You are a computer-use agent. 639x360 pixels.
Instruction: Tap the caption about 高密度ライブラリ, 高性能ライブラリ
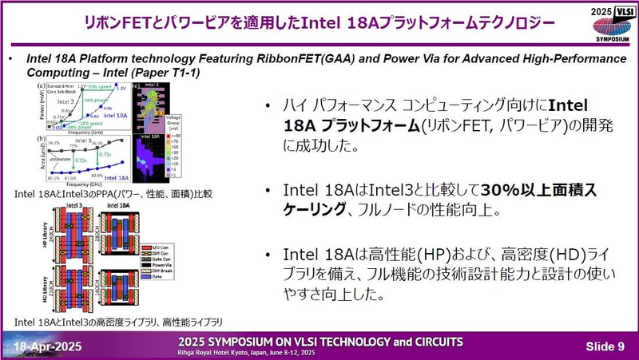(119, 322)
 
